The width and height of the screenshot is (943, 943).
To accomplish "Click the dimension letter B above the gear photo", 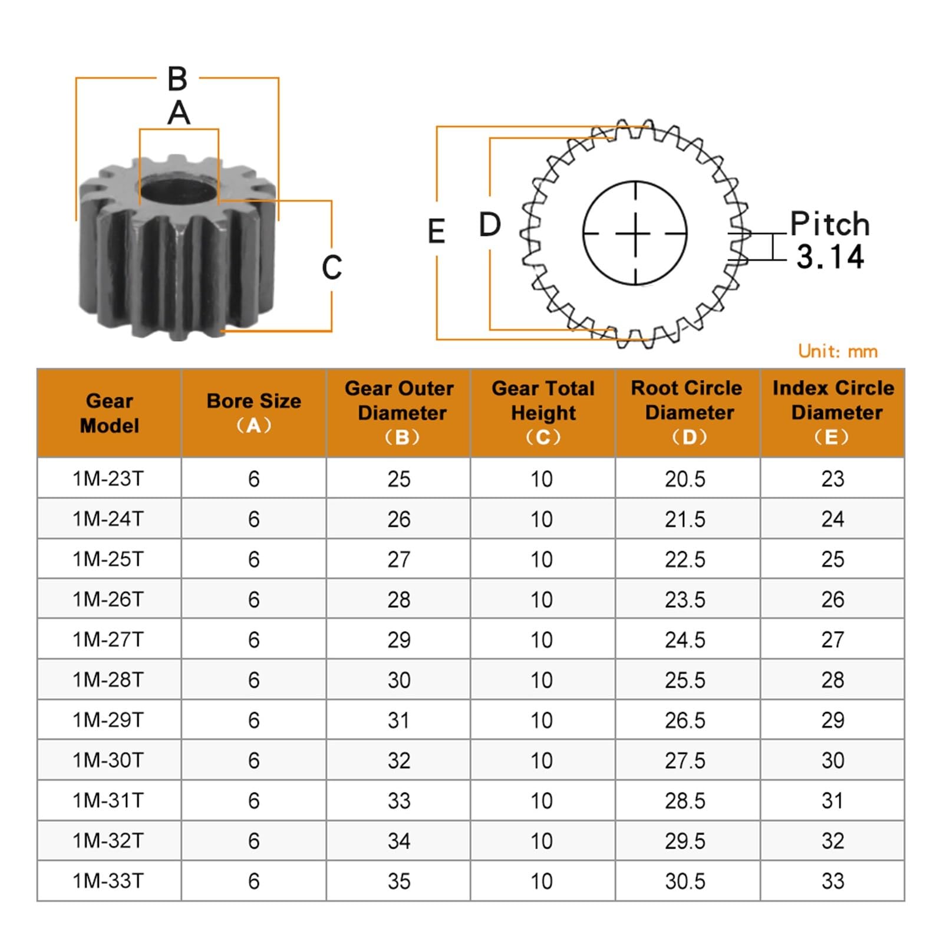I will point(177,78).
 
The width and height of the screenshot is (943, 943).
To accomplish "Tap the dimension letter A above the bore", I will point(179,113).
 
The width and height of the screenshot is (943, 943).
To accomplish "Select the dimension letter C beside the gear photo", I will point(332,267).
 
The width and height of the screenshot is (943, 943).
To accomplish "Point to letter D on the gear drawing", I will point(490,225).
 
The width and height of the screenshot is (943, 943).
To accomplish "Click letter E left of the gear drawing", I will point(436,231).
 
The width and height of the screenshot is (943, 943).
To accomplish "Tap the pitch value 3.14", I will point(830,257).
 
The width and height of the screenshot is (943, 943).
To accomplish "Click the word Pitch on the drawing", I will point(829,224).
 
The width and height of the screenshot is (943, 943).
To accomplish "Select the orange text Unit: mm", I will point(838,351).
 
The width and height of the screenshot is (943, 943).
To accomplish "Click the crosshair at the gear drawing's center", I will point(635,233).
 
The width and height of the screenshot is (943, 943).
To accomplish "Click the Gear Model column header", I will point(109,413).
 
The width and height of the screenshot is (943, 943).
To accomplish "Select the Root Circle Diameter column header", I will point(688,413).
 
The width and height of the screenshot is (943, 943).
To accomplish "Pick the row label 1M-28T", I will point(108,680).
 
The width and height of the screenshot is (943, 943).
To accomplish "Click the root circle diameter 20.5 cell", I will point(685,479).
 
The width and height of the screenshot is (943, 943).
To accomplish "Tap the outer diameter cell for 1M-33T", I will point(399,881).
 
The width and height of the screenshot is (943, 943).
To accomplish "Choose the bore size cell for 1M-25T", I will point(254,559).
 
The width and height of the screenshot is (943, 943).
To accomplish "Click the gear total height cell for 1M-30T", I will point(542,760).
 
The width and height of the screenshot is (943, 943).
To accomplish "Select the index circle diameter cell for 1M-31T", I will point(833,800).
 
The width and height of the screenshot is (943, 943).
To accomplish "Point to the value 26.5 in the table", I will point(685,720).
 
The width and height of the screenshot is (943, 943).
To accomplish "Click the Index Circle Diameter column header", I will point(833,413).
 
